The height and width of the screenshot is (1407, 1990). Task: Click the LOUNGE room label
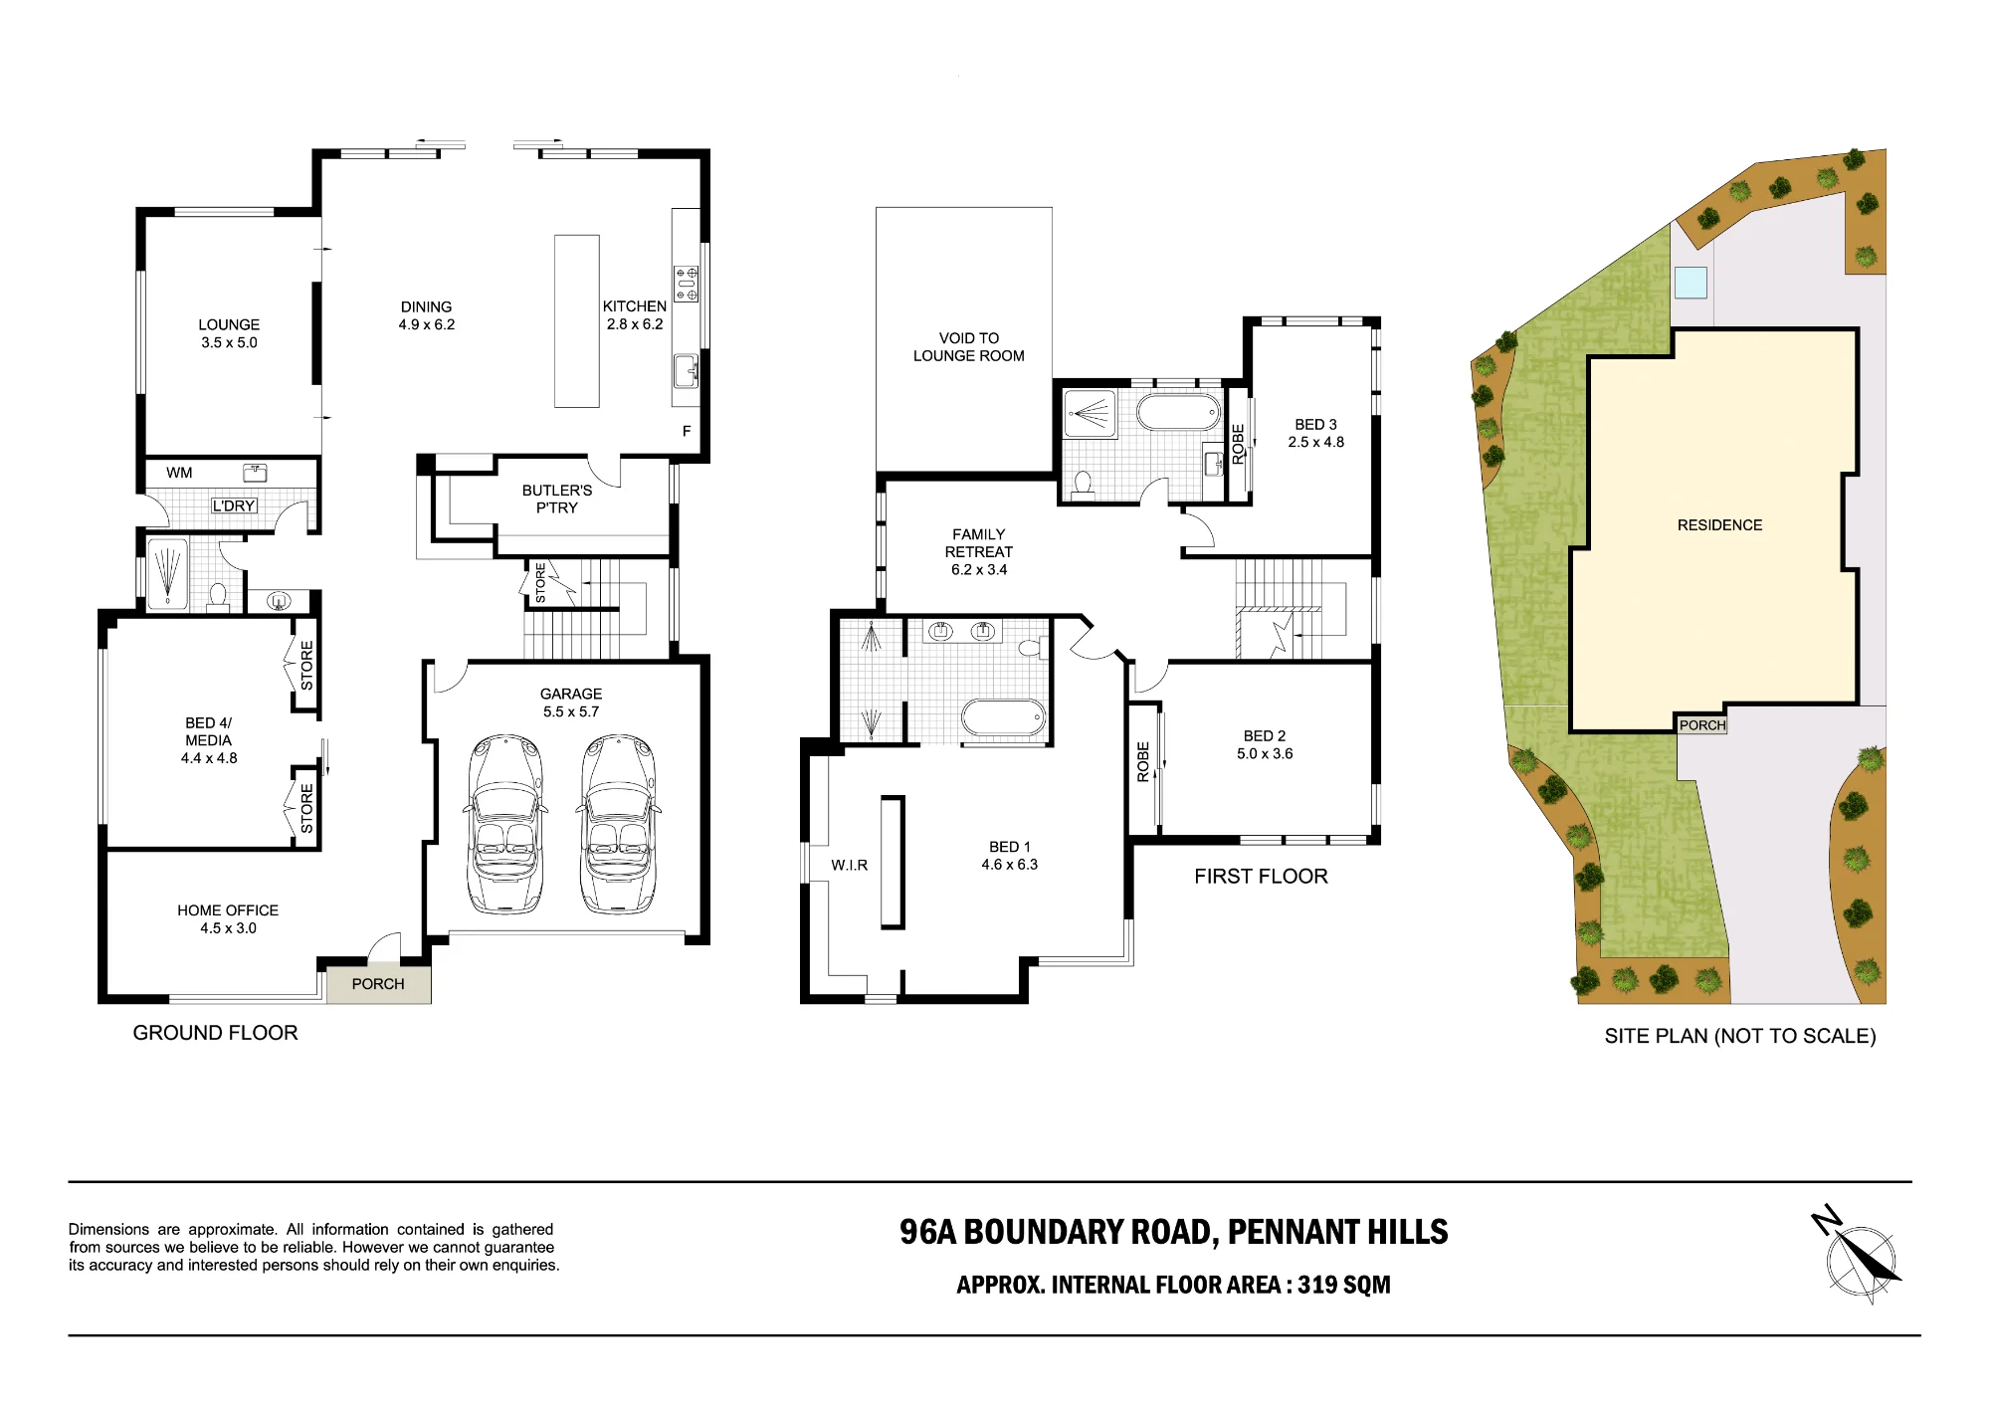pos(229,324)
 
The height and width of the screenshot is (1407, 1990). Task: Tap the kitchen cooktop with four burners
pos(687,284)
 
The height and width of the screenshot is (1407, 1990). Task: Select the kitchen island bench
pos(577,321)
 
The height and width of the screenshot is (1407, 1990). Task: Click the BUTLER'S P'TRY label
pos(557,499)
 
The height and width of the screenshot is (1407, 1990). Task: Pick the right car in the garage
pos(618,824)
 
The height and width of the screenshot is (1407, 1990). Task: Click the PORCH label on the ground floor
pos(378,984)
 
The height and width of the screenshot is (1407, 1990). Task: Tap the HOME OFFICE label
pos(228,910)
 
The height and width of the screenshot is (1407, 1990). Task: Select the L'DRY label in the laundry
pos(234,505)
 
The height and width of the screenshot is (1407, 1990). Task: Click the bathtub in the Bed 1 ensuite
pos(1003,716)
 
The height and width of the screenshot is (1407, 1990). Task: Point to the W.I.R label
pos(850,866)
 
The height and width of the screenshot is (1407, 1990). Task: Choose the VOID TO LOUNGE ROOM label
pos(969,347)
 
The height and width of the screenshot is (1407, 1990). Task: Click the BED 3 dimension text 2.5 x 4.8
pos(1316,442)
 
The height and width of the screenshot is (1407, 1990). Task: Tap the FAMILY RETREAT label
pos(979,543)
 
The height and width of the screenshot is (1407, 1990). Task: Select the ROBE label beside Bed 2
pos(1143,761)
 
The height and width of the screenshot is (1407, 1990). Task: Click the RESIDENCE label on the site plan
pos(1719,525)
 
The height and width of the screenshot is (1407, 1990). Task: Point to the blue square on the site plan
pos(1691,283)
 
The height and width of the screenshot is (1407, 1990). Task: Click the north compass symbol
pos(1857,1256)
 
